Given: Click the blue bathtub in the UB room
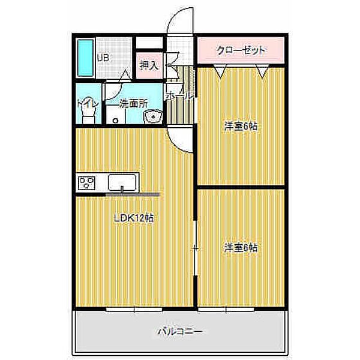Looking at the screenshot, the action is (x=85, y=58).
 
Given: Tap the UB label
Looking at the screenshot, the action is (x=103, y=58).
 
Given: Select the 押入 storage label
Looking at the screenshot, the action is (x=149, y=65).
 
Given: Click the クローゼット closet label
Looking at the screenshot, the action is (x=241, y=50).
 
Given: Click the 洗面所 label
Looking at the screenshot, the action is (x=133, y=104).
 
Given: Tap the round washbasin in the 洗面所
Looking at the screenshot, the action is (x=153, y=116).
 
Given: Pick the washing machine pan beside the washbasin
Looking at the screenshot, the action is (x=115, y=115).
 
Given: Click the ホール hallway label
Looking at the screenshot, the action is (x=179, y=97).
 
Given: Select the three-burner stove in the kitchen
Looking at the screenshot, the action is (x=86, y=183).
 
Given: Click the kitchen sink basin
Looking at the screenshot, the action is (x=122, y=182).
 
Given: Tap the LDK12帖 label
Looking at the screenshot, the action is (x=134, y=218).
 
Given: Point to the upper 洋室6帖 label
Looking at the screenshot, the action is (x=241, y=127).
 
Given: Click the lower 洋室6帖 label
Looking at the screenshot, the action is (x=241, y=248).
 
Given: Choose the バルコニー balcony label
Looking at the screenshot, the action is (x=180, y=332).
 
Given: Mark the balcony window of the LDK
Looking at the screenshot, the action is (x=134, y=309).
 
